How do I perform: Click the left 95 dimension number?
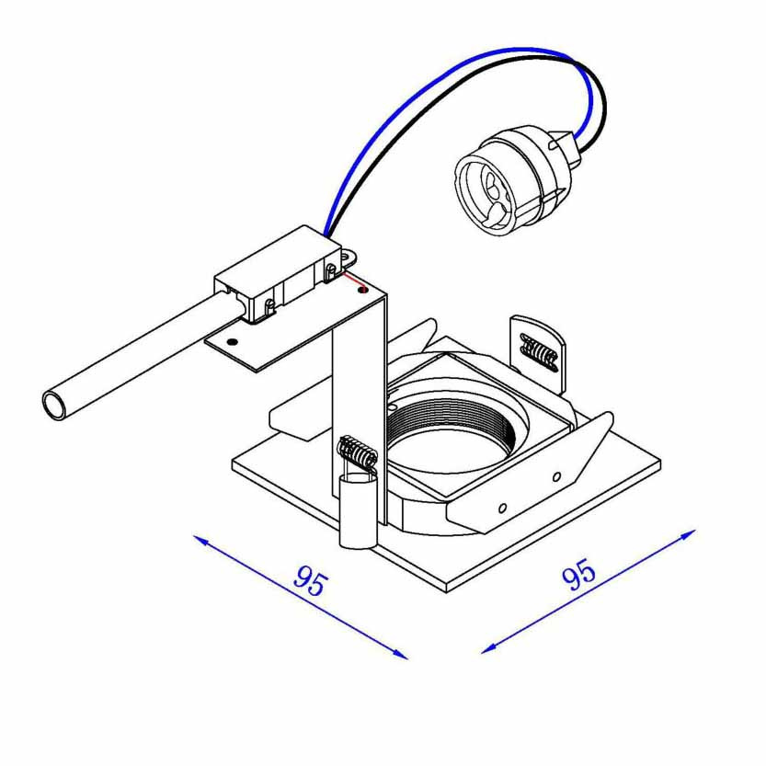(311, 581)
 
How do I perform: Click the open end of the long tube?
(56, 405)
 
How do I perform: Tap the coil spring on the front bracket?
(358, 452)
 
